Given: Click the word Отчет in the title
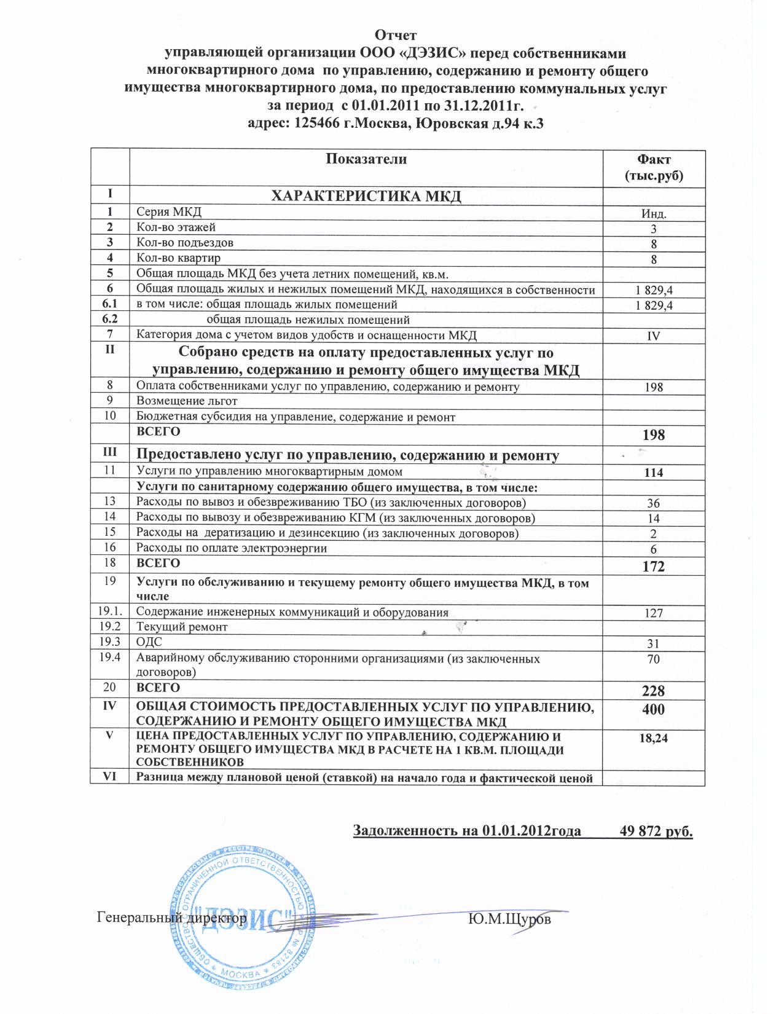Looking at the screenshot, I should coord(396,34).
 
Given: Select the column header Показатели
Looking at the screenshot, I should coord(366,159).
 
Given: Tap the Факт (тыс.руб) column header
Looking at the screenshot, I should coord(654,168).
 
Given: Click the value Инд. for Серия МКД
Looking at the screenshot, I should coord(654,214).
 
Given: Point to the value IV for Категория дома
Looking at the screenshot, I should coord(654,336).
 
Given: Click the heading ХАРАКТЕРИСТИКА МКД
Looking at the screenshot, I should coord(366,196).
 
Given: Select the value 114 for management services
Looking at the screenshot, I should coord(654,473).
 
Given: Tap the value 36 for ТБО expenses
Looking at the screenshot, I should coord(654,503).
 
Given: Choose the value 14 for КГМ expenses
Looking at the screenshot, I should coord(654,519).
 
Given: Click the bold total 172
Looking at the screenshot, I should coord(654,566).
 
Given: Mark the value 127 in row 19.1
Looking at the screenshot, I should coord(654,613).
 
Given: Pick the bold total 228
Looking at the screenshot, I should coord(654,690).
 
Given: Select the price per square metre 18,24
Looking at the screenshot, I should coord(654,739).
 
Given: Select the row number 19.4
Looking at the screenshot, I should coord(109,658).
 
